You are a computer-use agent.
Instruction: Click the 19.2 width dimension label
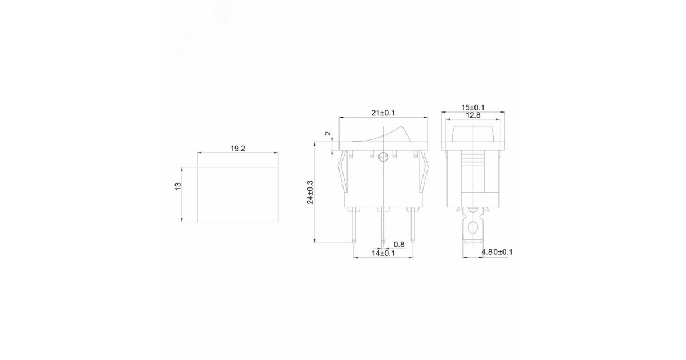[x=238, y=148]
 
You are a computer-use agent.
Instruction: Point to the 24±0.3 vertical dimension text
[x=310, y=192]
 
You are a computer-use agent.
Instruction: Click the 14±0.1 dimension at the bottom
[x=382, y=253]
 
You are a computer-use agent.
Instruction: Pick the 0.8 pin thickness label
[x=398, y=245]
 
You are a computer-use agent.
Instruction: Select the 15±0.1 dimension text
[x=473, y=107]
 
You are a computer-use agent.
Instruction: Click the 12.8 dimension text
[x=473, y=115]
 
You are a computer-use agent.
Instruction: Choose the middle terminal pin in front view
[x=382, y=226]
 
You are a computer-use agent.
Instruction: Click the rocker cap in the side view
[x=473, y=132]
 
